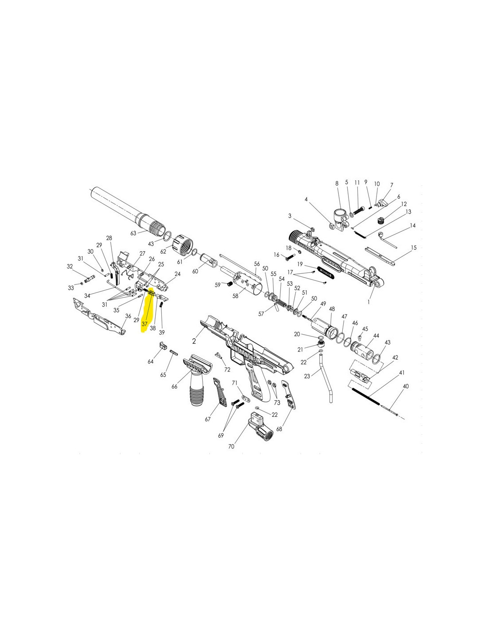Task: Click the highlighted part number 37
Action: [144, 324]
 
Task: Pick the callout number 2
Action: [194, 341]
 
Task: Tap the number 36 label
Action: [128, 316]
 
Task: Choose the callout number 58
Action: [235, 296]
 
